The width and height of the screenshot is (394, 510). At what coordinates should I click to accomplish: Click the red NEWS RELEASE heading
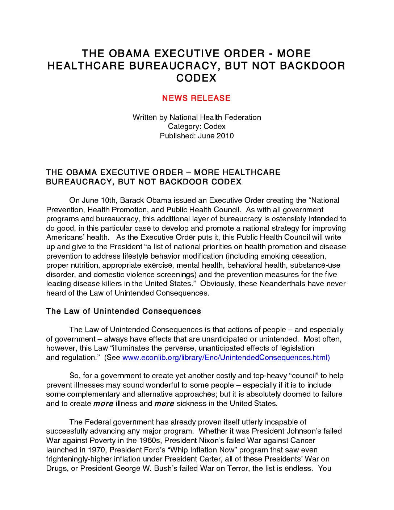tap(196, 98)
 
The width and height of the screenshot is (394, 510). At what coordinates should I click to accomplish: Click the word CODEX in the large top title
tap(196, 78)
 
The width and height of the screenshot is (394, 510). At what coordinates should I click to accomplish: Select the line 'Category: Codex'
tap(197, 126)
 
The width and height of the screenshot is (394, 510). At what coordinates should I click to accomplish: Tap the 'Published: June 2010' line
tap(197, 136)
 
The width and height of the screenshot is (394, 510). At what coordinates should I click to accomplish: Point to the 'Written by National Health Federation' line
tap(197, 117)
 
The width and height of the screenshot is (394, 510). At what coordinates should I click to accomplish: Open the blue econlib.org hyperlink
tap(226, 358)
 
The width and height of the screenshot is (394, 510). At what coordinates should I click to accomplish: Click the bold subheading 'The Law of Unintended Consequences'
tap(123, 312)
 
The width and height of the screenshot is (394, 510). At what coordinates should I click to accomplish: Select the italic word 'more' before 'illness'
tap(103, 404)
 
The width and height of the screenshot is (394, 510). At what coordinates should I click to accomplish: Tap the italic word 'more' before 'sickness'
tap(164, 404)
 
